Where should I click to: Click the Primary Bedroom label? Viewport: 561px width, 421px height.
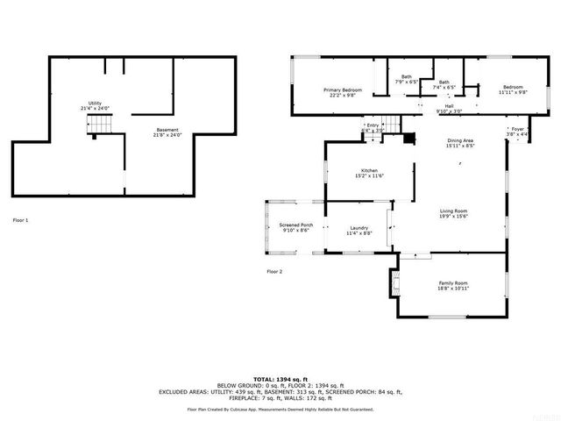(342, 90)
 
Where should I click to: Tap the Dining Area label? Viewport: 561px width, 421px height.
(460, 142)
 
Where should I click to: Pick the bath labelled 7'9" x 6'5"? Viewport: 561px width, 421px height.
(406, 80)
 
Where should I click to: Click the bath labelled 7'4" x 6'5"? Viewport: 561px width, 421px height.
(444, 84)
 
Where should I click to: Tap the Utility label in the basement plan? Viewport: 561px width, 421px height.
(95, 104)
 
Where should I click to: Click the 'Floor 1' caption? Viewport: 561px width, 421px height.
(21, 219)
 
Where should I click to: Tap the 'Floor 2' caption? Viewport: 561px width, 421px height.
(274, 272)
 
